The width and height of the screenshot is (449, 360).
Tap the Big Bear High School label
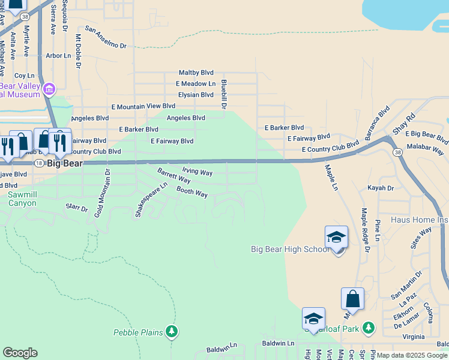coord(289,249)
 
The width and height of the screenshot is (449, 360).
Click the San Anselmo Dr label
coord(106,37)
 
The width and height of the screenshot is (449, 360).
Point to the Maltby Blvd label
coord(196,72)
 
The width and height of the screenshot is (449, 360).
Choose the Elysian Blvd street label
coord(196,95)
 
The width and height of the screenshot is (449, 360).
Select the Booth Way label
coord(191,192)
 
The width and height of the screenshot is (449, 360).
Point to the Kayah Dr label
coord(381,188)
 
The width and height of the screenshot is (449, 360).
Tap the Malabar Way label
coord(426,146)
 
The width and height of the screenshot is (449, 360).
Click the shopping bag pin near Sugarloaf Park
coord(352,299)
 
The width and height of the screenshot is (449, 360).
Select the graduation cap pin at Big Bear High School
coord(336,238)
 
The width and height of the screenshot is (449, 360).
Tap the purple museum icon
coord(49,90)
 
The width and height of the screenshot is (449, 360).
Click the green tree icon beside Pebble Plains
coord(172,331)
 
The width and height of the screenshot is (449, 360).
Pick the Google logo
coord(20,353)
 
